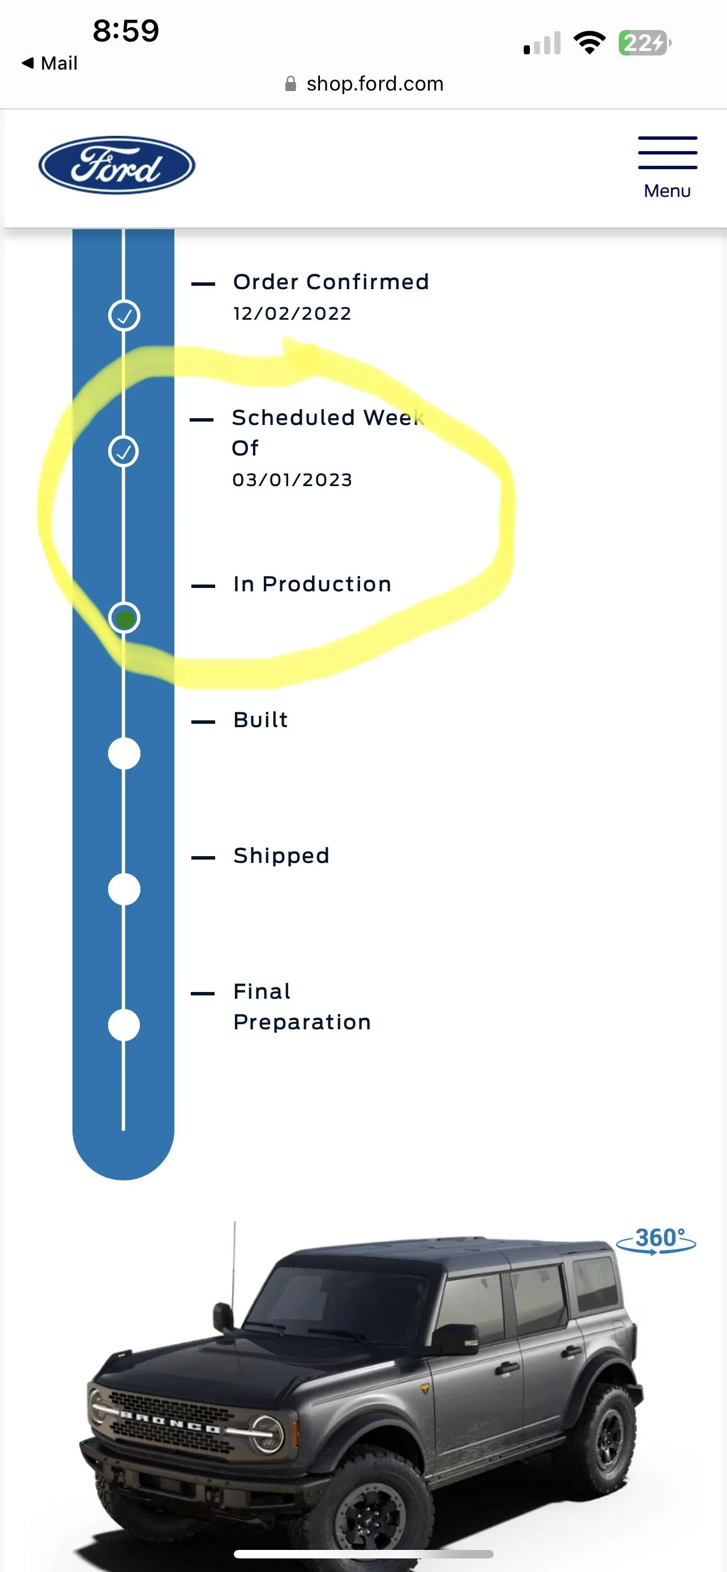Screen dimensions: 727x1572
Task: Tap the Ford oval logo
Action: pyautogui.click(x=117, y=165)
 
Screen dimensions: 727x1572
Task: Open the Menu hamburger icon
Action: pyautogui.click(x=667, y=153)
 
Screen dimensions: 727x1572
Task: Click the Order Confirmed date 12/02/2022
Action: pyautogui.click(x=292, y=313)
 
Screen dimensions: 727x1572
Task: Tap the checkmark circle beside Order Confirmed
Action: pyautogui.click(x=124, y=316)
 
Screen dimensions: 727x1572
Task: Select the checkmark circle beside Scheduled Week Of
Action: pyautogui.click(x=124, y=452)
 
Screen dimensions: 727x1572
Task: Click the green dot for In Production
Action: pyautogui.click(x=125, y=619)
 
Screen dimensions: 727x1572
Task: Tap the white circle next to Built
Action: pyautogui.click(x=124, y=754)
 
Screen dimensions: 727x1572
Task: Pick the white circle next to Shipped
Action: pyautogui.click(x=124, y=889)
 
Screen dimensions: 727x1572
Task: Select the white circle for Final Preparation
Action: pyautogui.click(x=124, y=1025)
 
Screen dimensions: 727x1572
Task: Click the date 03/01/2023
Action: pyautogui.click(x=292, y=480)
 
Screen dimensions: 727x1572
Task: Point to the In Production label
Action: pyautogui.click(x=312, y=584)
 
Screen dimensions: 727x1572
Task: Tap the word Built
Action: pyautogui.click(x=260, y=720)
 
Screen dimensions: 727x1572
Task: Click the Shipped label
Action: pyautogui.click(x=281, y=856)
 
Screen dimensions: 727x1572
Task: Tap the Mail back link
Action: pyautogui.click(x=50, y=63)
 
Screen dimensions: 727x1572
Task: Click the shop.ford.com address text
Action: pyautogui.click(x=375, y=84)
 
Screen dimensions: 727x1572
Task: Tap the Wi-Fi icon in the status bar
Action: pyautogui.click(x=589, y=42)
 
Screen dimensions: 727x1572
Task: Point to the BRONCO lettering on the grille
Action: pyautogui.click(x=169, y=1421)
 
